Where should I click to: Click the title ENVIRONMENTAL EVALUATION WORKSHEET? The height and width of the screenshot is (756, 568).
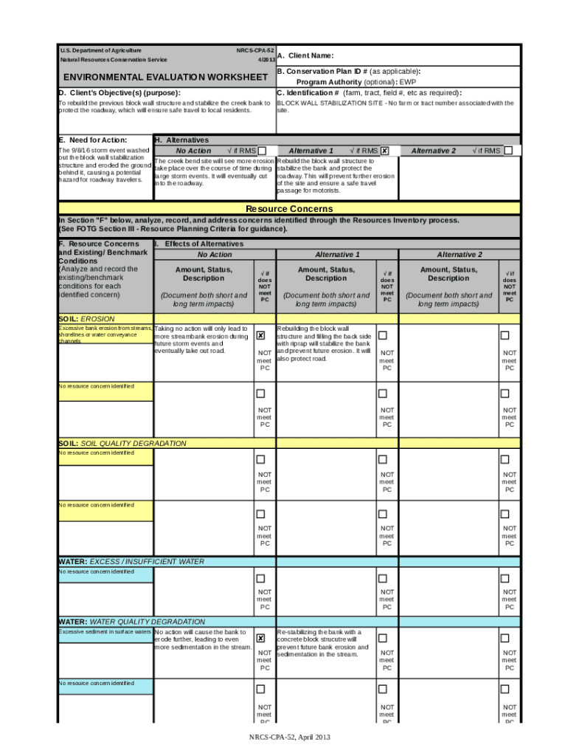165,77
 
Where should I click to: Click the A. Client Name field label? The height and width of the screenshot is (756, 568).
306,55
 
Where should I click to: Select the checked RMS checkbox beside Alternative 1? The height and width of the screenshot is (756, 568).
385,151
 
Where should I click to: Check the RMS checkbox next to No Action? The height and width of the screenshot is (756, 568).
262,151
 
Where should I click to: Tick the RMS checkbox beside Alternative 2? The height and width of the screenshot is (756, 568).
508,151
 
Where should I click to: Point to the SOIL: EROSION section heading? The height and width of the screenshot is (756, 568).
87,318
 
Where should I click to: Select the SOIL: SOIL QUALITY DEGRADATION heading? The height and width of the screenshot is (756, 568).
122,443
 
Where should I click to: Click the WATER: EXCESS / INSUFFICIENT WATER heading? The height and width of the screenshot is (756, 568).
131,562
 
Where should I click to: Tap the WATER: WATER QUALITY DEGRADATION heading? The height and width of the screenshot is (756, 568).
132,622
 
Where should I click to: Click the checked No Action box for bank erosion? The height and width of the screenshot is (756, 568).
260,335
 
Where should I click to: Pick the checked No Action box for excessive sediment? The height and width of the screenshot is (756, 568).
260,638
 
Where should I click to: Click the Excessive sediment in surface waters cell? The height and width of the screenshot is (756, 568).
105,632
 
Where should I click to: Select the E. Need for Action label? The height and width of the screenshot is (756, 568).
92,140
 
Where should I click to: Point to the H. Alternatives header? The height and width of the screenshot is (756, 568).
182,140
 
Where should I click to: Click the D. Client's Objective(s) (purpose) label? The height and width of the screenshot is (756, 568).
120,93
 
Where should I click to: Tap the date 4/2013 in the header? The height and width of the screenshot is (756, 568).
266,59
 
